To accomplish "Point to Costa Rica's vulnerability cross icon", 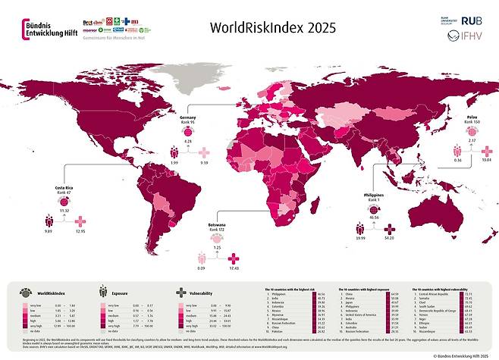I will [82, 221].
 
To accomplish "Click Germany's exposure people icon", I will [174, 152].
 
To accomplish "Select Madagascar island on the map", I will [303, 214].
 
